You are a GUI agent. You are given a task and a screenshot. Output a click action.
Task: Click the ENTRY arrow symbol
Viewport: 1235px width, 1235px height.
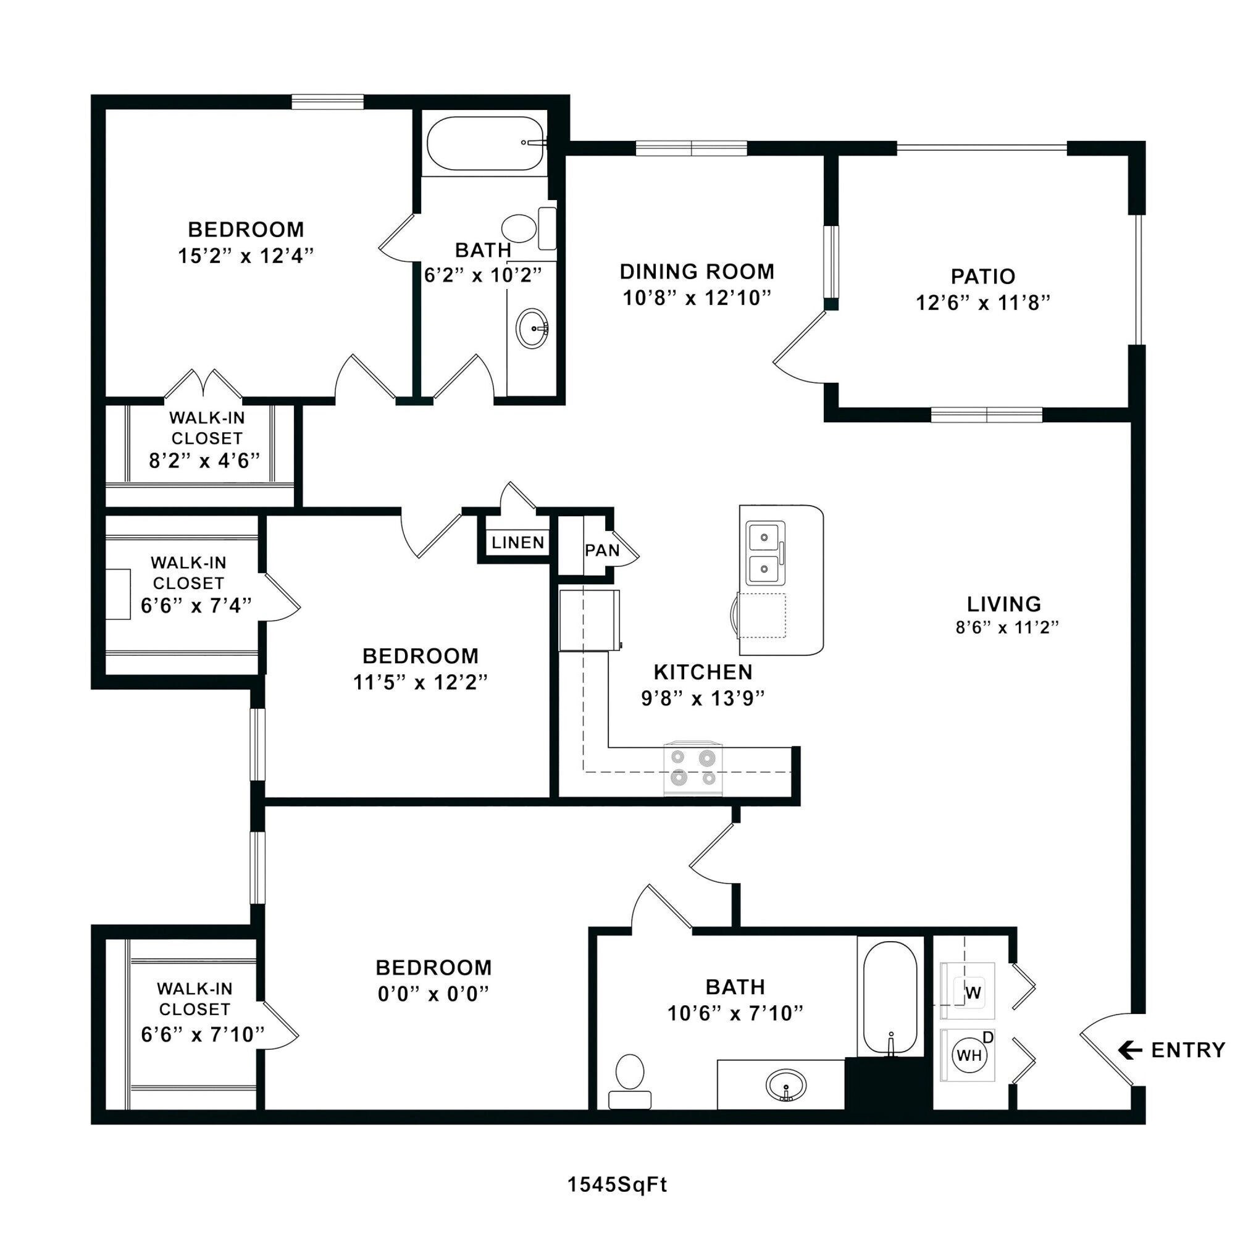[1130, 1050]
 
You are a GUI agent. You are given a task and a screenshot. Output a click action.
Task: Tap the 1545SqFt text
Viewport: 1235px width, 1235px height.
[617, 1184]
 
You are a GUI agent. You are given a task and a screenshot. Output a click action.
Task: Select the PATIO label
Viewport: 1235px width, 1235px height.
[982, 277]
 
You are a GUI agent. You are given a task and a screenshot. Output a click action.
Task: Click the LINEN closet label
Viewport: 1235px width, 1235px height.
[518, 543]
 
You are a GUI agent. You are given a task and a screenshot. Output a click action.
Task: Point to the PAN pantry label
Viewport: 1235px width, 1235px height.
[601, 550]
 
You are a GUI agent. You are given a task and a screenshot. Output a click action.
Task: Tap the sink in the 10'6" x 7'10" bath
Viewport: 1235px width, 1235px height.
[786, 1086]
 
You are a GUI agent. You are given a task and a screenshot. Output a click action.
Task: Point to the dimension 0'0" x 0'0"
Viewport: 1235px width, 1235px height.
[433, 994]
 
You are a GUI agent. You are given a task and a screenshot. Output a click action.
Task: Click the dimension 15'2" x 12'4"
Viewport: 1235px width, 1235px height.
[246, 256]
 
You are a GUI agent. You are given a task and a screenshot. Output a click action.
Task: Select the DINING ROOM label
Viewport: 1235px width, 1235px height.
[697, 272]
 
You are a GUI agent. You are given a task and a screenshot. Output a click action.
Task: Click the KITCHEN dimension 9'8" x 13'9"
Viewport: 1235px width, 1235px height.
[703, 698]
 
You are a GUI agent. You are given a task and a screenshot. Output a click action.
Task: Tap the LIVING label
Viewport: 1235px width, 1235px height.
[1003, 604]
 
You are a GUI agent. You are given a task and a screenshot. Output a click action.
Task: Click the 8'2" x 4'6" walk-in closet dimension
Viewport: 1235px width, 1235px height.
[204, 461]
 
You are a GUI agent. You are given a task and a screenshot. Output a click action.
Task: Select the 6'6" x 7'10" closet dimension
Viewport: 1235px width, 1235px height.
[203, 1034]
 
